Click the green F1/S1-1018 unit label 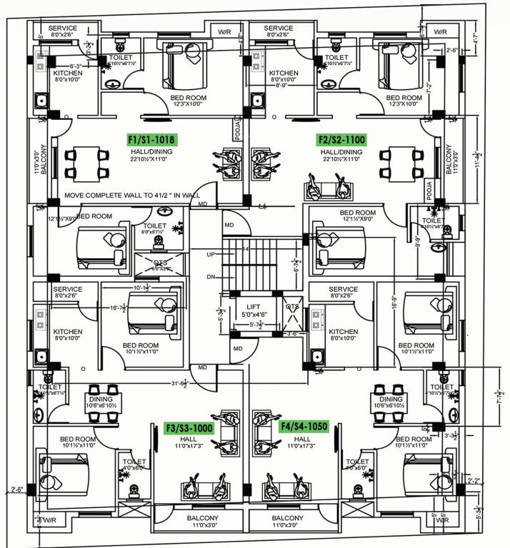(x=151, y=140)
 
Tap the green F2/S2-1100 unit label (x=341, y=140)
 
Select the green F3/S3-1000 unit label (x=189, y=427)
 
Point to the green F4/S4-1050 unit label (x=303, y=427)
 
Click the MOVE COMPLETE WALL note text (x=132, y=195)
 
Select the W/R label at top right (x=440, y=32)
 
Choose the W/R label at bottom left (x=49, y=521)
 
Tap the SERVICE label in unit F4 (x=343, y=289)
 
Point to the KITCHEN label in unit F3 (x=68, y=332)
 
